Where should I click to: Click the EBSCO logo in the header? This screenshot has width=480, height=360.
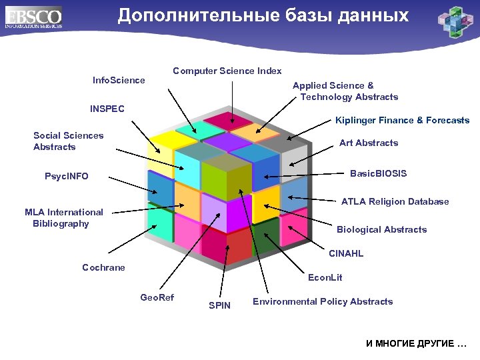point(33,17)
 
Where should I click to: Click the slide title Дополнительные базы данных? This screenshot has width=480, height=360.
point(263,16)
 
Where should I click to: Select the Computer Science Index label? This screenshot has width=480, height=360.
point(227,71)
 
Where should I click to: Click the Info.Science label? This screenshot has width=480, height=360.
point(119,80)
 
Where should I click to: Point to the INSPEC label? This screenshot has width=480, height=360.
point(107,108)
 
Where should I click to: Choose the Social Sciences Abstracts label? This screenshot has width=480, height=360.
point(68,141)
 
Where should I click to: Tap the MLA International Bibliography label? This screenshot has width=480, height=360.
point(63,217)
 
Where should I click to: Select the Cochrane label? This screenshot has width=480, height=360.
point(103,267)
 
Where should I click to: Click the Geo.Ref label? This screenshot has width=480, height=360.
point(157,297)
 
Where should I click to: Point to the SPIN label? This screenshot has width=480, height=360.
point(219,305)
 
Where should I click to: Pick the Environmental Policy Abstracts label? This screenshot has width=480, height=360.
point(323,301)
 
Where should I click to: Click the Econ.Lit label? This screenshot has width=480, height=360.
point(325,277)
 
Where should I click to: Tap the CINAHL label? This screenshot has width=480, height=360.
point(346,253)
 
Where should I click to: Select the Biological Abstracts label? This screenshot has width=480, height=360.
point(381,229)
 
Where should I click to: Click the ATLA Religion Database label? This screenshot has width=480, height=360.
point(395,201)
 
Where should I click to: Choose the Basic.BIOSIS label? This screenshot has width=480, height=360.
point(378,173)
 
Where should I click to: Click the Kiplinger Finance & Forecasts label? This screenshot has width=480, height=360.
point(402,121)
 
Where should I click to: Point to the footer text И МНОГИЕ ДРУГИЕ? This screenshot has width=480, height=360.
point(416,343)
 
